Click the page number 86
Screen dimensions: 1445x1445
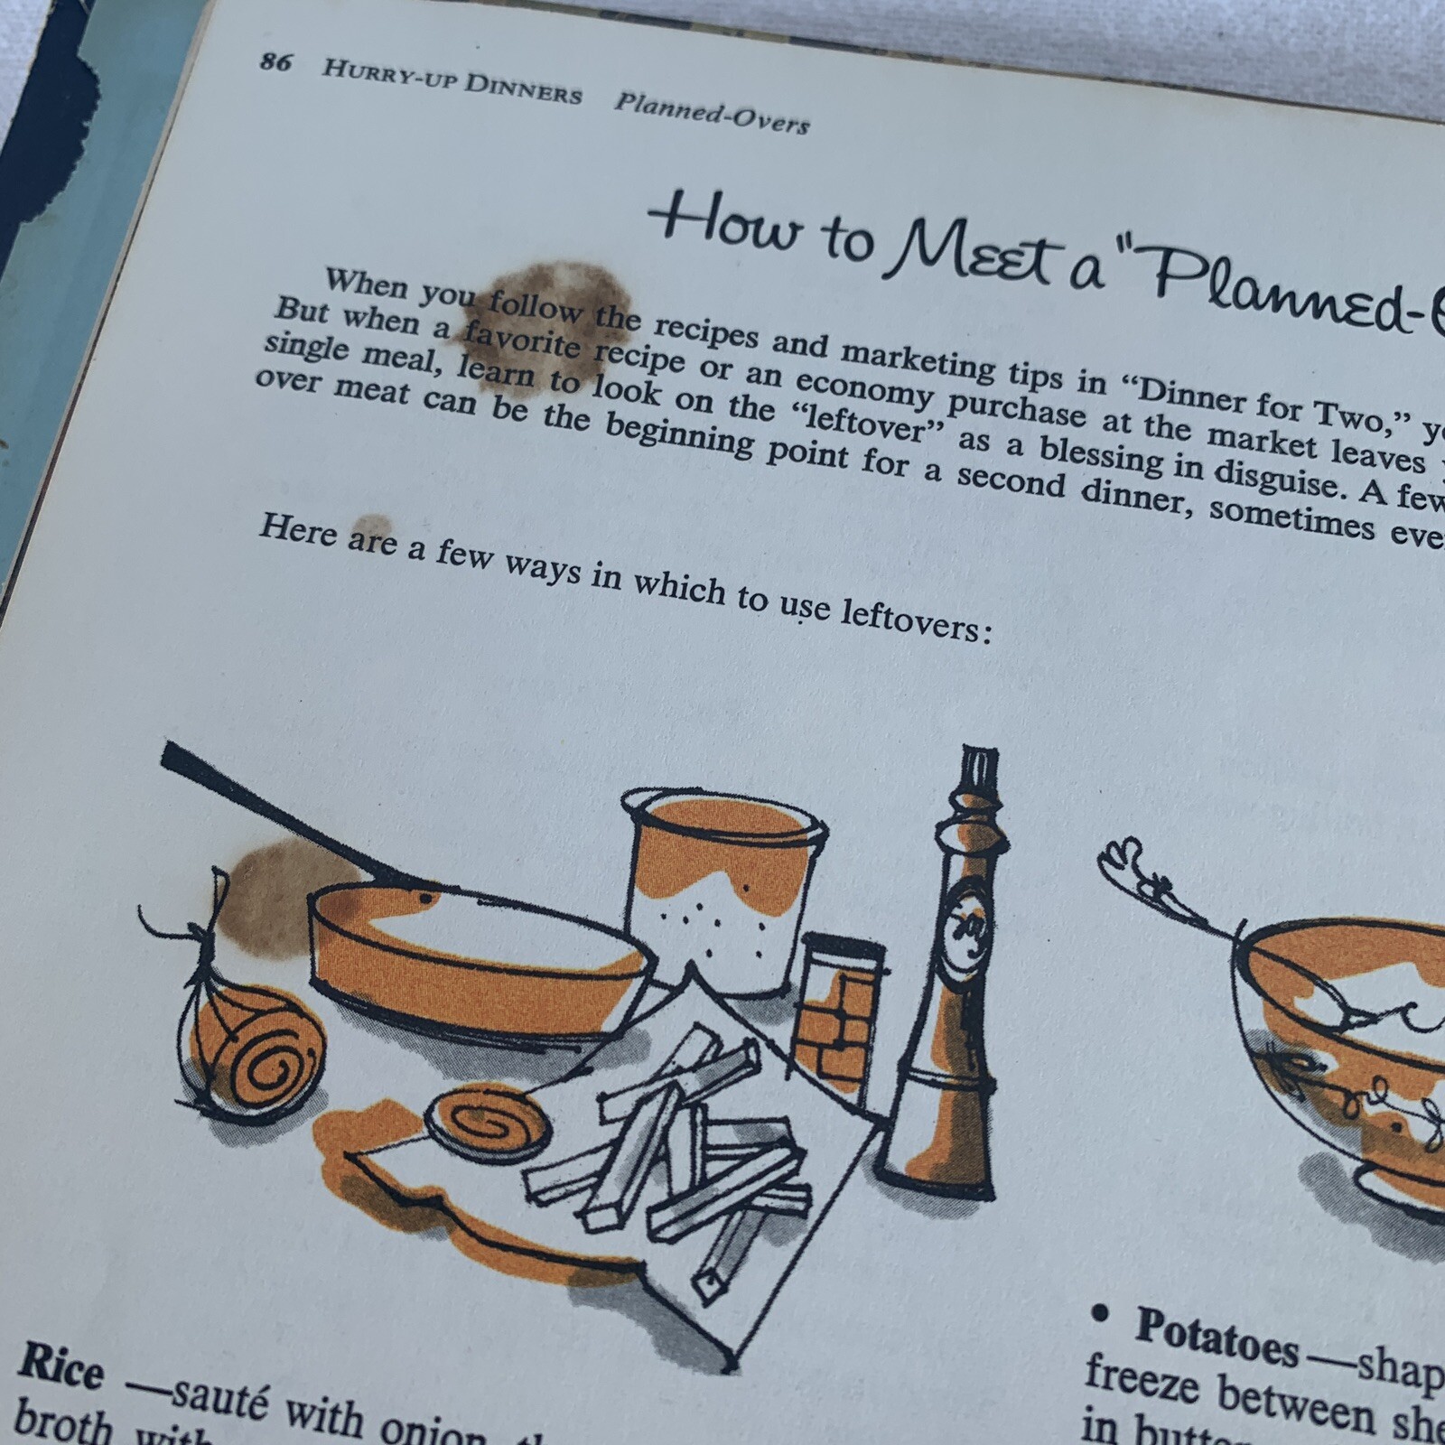coord(275,62)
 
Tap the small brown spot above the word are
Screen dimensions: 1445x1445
coord(371,527)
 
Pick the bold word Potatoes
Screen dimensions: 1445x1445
coord(1216,1338)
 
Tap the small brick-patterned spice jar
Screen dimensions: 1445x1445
coord(840,1002)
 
